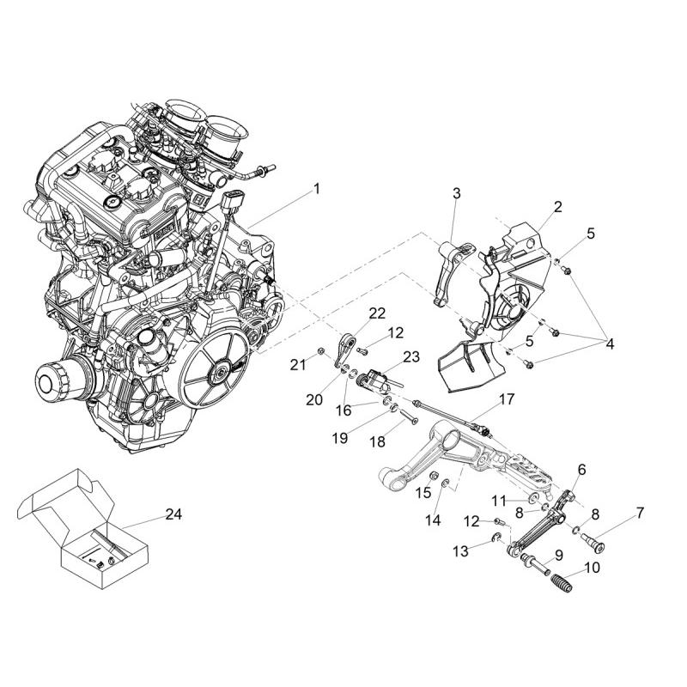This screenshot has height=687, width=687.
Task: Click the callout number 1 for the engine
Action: tap(316, 189)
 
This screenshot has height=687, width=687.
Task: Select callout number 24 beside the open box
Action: tap(173, 514)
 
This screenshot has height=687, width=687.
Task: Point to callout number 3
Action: tap(457, 193)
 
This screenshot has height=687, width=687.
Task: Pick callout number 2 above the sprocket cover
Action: tap(557, 206)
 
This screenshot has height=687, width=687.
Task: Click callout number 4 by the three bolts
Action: tap(610, 344)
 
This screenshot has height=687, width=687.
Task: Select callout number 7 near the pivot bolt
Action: tap(640, 513)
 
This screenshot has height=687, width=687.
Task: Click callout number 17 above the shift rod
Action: tap(507, 399)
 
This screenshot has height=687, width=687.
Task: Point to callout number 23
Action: tap(411, 356)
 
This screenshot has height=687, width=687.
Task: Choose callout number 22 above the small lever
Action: tap(377, 313)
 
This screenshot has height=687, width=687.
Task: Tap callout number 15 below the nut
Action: tap(423, 492)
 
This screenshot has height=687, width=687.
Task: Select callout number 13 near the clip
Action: tap(460, 551)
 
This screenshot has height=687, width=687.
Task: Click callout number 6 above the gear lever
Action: tap(581, 470)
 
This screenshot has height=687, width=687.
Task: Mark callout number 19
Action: tap(340, 437)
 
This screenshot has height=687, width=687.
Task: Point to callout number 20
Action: tap(314, 399)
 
